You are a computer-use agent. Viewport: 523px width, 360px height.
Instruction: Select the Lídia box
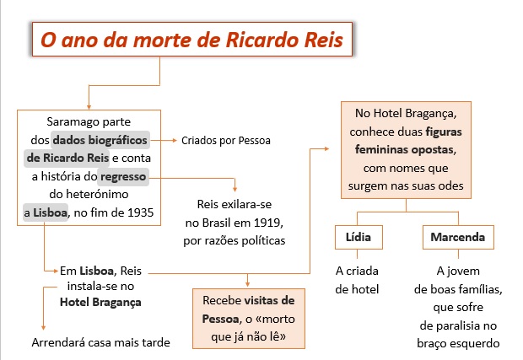pyautogui.click(x=359, y=237)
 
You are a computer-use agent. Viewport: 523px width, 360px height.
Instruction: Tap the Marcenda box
pyautogui.click(x=458, y=237)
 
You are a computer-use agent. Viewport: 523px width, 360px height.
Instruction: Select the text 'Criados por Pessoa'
pyautogui.click(x=226, y=141)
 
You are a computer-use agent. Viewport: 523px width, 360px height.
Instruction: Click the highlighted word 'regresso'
pyautogui.click(x=123, y=177)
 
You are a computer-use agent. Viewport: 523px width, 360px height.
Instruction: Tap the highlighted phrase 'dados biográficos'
pyautogui.click(x=100, y=140)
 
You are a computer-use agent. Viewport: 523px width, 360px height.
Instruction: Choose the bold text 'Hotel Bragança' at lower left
pyautogui.click(x=100, y=302)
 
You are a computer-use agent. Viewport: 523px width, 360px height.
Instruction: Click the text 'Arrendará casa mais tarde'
pyautogui.click(x=100, y=342)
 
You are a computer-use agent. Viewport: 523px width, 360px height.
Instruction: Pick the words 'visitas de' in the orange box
pyautogui.click(x=269, y=300)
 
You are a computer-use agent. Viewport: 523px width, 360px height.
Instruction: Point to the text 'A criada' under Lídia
pyautogui.click(x=357, y=271)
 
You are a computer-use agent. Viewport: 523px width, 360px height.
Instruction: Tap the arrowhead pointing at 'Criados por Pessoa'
pyautogui.click(x=174, y=140)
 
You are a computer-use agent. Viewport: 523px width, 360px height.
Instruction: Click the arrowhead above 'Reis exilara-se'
pyautogui.click(x=235, y=189)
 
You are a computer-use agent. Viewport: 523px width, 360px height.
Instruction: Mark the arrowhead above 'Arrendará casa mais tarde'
pyautogui.click(x=43, y=328)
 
